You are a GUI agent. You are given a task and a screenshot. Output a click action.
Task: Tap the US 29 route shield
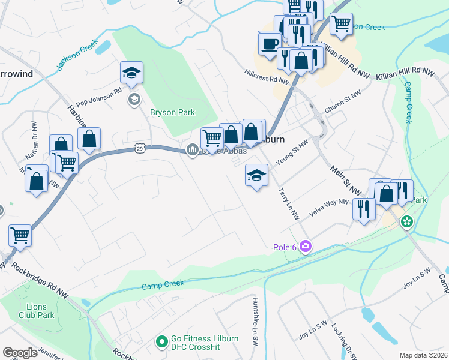(139, 147)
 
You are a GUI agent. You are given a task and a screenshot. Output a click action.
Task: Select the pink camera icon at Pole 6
(306, 247)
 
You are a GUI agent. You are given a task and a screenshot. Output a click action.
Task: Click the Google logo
(20, 353)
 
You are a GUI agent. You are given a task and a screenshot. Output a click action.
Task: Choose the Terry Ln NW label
(288, 203)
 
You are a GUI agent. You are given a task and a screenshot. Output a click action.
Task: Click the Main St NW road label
(345, 179)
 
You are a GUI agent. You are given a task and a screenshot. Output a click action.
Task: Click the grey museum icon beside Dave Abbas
(193, 150)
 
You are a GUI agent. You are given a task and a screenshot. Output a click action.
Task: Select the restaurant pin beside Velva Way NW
(364, 209)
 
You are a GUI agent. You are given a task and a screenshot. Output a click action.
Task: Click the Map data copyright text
(424, 355)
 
